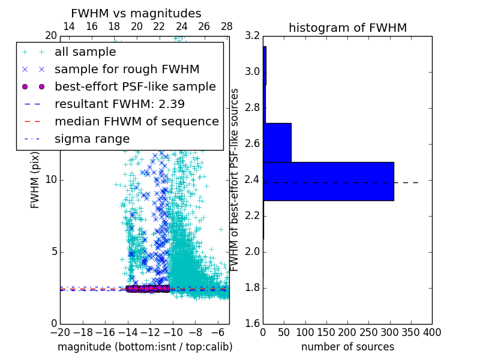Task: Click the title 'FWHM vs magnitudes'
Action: (136, 13)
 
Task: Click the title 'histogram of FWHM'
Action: (347, 28)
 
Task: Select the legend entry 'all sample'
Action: (85, 52)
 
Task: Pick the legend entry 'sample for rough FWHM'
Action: (127, 69)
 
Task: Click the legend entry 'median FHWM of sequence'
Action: (136, 121)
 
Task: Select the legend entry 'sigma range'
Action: (92, 139)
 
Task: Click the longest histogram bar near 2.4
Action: (328, 181)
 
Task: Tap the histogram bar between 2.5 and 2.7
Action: (277, 142)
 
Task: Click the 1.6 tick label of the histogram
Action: (252, 323)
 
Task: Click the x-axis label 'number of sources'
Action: (347, 347)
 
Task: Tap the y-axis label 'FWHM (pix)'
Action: (35, 179)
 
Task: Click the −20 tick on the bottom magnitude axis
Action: (60, 333)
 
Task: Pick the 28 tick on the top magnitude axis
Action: (226, 26)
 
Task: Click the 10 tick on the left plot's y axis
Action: (51, 179)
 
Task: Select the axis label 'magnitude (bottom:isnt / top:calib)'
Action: (145, 347)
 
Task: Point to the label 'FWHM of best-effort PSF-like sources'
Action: (235, 179)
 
